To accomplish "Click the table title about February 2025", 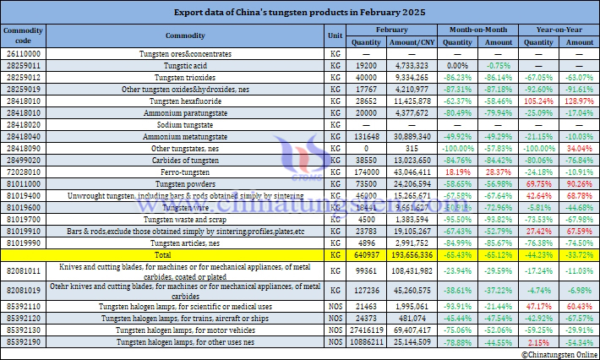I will coord(299,13).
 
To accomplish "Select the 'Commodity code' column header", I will coord(18,35).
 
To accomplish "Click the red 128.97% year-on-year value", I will coord(579,99).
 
